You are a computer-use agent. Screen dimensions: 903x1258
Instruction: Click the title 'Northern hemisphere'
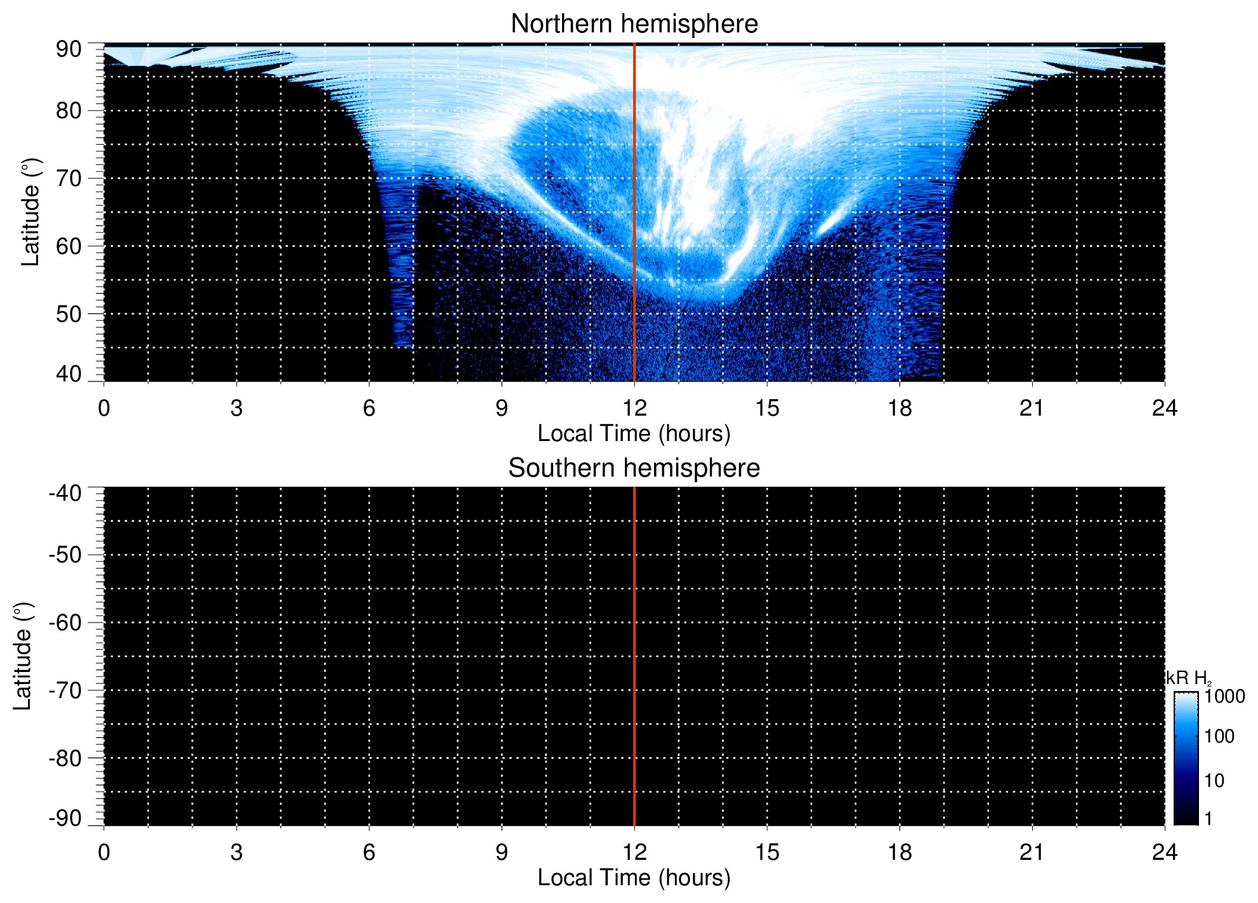(634, 24)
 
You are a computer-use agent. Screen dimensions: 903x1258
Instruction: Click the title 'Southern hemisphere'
(634, 468)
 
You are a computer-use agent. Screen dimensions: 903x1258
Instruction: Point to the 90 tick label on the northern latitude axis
(69, 49)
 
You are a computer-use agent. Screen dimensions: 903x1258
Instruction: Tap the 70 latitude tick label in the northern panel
(69, 178)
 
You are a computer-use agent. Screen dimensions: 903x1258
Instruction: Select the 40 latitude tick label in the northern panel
(69, 374)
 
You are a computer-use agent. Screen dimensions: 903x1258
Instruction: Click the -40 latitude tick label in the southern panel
(65, 493)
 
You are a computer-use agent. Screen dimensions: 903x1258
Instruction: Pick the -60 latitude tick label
(65, 623)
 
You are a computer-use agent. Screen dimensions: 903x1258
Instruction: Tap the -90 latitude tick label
(65, 818)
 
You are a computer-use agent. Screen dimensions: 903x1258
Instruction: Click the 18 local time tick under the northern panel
(899, 408)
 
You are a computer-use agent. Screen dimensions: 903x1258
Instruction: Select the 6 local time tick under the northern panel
(369, 408)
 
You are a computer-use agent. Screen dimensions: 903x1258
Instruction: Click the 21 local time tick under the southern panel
(1032, 852)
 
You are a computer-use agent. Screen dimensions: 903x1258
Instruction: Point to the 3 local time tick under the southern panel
(237, 852)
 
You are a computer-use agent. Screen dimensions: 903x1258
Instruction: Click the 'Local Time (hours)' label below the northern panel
(634, 433)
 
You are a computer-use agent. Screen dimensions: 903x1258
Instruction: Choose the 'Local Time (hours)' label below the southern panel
(634, 878)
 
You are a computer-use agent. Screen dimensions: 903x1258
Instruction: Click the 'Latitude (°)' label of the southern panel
(23, 656)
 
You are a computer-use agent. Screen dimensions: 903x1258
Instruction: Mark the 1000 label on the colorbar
(1224, 696)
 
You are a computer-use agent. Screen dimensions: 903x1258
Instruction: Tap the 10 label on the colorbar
(1214, 781)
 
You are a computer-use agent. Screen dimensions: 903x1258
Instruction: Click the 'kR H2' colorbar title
(1189, 678)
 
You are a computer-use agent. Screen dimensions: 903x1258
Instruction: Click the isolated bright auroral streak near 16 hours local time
(832, 220)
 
